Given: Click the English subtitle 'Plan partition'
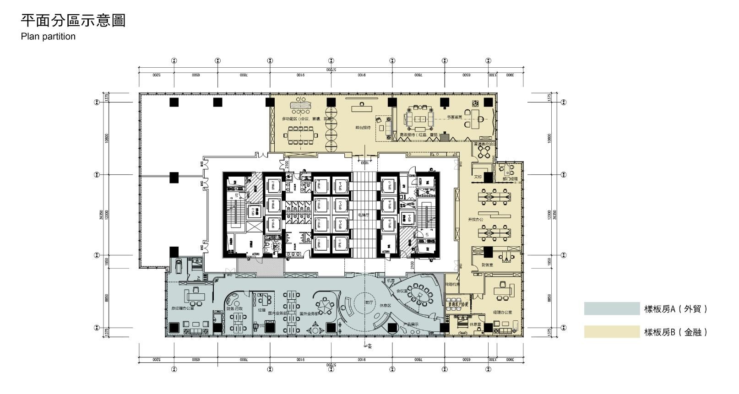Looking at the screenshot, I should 48,37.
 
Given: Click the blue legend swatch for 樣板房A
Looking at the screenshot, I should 612,309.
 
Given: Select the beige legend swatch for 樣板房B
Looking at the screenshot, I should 612,332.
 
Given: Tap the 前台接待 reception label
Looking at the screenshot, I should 363,128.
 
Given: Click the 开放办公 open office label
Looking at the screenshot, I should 475,220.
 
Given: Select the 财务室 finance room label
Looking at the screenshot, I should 487,265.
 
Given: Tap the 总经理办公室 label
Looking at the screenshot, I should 183,308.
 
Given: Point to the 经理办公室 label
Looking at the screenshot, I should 502,312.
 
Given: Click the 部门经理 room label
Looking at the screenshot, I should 510,179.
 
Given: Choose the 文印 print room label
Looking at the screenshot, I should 478,177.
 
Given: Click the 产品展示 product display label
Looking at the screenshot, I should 410,324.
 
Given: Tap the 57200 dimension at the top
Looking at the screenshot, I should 331,70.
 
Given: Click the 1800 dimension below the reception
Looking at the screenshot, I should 364,162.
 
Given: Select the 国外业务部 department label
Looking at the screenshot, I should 309,314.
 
